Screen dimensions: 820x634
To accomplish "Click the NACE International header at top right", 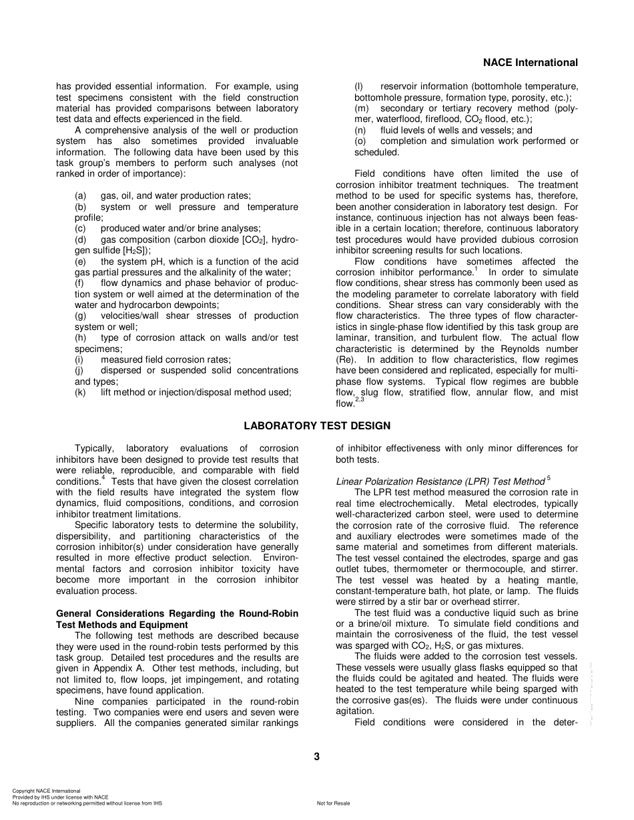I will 530,63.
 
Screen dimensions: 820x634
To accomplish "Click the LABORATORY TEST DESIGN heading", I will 317,425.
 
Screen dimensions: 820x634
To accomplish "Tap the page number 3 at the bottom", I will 317,756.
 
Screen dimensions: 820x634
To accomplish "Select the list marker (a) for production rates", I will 80,195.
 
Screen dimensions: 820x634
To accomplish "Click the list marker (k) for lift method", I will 80,392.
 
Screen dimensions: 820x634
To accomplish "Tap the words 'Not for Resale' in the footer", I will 333,803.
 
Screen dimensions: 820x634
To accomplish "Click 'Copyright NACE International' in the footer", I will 46,791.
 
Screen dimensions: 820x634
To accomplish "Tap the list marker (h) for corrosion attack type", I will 80,337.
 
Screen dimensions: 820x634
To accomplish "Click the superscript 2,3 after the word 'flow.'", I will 360,399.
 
